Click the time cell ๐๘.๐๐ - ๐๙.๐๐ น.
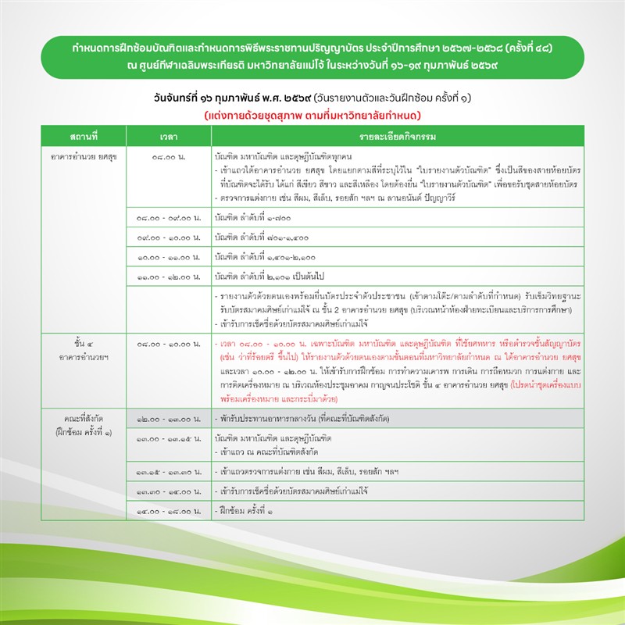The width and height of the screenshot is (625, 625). click(169, 217)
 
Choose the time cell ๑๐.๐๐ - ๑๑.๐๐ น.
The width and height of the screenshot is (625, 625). click(169, 255)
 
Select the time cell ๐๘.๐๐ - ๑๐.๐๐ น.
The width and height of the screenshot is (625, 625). click(169, 342)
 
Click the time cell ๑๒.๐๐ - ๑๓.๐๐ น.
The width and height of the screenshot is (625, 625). click(169, 418)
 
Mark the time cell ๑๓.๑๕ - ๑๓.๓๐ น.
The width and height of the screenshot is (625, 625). click(169, 472)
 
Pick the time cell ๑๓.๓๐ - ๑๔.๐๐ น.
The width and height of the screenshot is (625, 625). click(169, 492)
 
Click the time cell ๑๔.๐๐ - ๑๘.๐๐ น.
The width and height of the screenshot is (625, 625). click(169, 512)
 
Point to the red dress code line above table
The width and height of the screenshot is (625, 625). click(312, 116)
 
